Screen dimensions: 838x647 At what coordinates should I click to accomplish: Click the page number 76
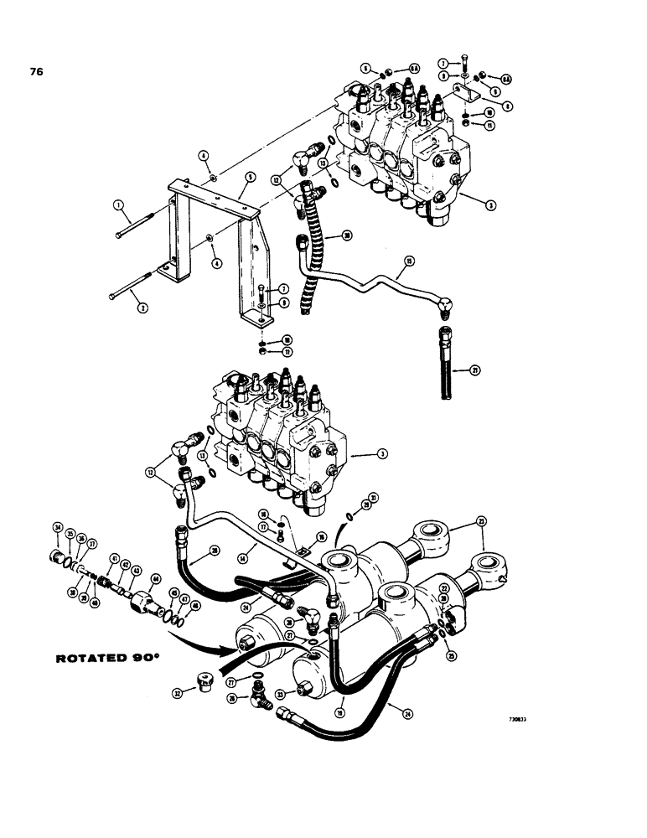pyautogui.click(x=36, y=71)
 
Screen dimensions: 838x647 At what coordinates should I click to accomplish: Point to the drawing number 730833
pyautogui.click(x=524, y=718)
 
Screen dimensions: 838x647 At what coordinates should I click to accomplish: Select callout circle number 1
pyautogui.click(x=118, y=205)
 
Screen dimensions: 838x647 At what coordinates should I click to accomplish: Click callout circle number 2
pyautogui.click(x=143, y=308)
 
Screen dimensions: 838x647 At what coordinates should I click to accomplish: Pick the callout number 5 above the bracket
pyautogui.click(x=250, y=177)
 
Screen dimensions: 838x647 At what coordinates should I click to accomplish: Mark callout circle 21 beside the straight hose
pyautogui.click(x=475, y=370)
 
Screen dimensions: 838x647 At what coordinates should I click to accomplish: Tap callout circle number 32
pyautogui.click(x=179, y=692)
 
